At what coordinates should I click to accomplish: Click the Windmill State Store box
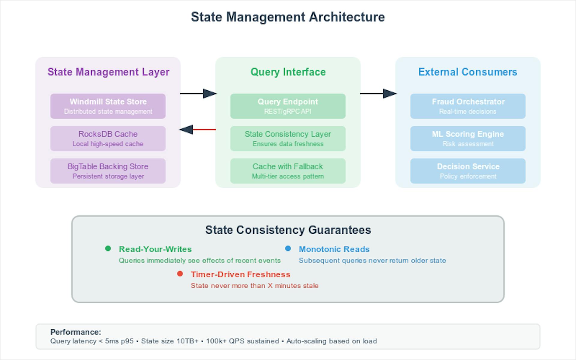[x=108, y=106]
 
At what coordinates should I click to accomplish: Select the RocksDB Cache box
[x=108, y=139]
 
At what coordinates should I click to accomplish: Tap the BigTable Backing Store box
[x=108, y=171]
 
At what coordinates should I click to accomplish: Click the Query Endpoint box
[x=288, y=106]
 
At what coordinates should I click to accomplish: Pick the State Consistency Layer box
[x=288, y=139]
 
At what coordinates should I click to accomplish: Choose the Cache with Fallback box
[x=288, y=171]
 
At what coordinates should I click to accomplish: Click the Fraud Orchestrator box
[x=468, y=106]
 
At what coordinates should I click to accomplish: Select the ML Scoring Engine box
[x=468, y=139]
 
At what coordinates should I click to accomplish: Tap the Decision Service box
[x=468, y=171]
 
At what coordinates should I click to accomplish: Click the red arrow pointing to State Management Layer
[x=198, y=130]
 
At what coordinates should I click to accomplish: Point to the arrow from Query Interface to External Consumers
[x=378, y=94]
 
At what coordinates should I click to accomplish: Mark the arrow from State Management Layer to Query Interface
[x=198, y=94]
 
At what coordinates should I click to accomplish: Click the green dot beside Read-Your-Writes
[x=108, y=248]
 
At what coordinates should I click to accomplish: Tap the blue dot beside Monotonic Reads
[x=288, y=248]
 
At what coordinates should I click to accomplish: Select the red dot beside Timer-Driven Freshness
[x=180, y=274]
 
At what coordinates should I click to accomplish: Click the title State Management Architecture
[x=288, y=17]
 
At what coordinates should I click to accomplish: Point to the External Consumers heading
[x=468, y=72]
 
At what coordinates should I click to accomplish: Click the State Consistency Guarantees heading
[x=288, y=230]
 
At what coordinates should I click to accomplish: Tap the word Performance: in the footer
[x=76, y=332]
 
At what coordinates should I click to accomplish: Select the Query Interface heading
[x=288, y=72]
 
